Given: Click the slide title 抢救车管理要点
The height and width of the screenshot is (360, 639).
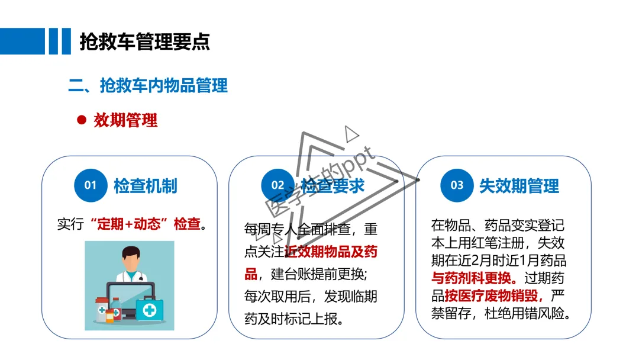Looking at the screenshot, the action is (144, 41).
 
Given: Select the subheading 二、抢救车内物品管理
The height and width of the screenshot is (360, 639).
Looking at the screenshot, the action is (148, 85).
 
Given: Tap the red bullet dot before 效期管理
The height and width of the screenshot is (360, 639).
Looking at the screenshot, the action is (82, 120).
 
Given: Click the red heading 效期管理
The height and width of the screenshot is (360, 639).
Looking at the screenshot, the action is (125, 120).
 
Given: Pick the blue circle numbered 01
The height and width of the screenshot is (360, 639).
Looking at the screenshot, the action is (90, 185).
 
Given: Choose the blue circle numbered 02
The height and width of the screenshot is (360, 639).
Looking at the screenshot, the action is (277, 185).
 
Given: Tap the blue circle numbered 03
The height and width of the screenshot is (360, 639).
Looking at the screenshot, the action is (457, 185).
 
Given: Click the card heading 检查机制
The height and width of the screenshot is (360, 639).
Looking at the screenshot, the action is (145, 186).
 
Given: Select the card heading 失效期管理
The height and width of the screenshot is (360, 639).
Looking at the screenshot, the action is (519, 186).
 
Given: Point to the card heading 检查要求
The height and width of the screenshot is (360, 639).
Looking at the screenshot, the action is (333, 186).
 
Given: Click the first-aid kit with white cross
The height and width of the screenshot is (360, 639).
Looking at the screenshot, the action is (150, 308).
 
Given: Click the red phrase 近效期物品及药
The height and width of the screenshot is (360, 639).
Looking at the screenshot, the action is (331, 252).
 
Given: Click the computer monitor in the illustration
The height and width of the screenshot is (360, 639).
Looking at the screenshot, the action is (131, 299).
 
